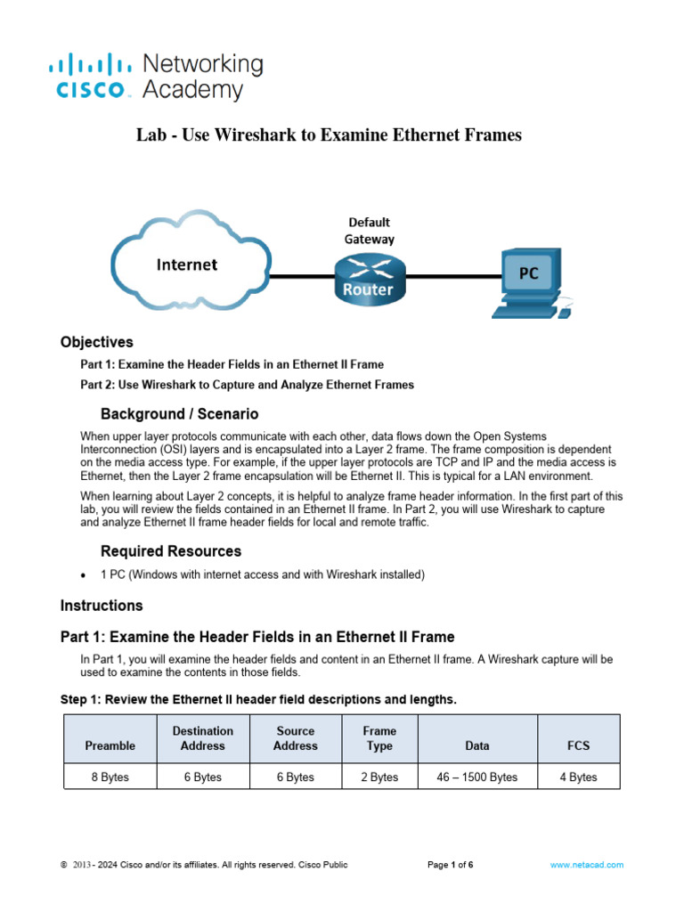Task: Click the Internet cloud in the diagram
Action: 186,265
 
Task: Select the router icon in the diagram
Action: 368,279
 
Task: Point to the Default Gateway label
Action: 369,230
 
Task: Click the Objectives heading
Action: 97,342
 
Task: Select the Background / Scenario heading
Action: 179,414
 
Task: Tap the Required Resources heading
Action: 171,551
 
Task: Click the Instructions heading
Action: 102,606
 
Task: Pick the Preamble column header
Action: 110,745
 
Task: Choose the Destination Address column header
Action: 203,738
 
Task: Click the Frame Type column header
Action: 379,738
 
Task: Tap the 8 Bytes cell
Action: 110,777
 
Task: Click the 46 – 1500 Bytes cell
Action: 477,777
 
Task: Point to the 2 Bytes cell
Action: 379,777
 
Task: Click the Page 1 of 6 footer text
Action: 451,865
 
